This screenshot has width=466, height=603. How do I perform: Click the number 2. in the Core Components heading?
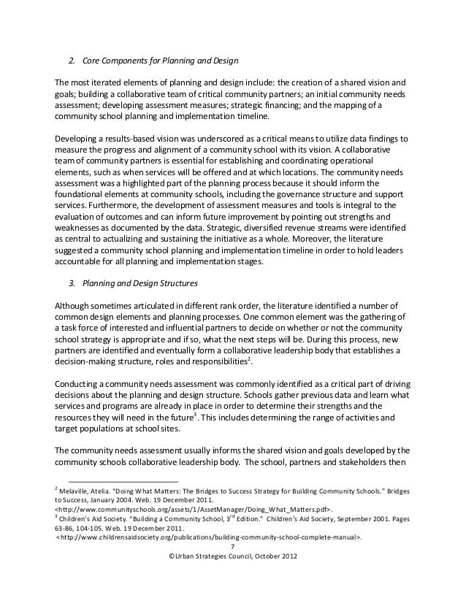(x=72, y=59)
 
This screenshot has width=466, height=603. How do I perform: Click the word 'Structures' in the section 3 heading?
(x=175, y=288)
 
